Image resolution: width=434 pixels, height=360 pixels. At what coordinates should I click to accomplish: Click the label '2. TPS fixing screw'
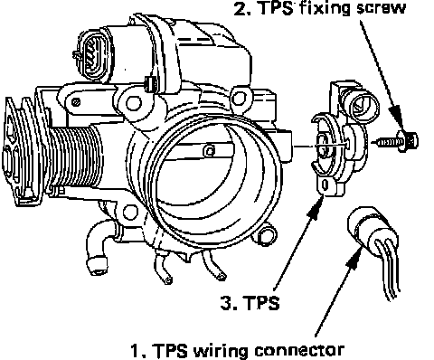[320, 8]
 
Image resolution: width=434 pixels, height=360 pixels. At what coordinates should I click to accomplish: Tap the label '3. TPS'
[250, 303]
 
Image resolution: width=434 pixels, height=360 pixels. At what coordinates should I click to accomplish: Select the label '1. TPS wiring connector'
[238, 350]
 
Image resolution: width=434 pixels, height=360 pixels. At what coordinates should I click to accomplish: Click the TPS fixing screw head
[408, 141]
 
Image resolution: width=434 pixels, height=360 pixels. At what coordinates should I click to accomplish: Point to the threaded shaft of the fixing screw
[386, 142]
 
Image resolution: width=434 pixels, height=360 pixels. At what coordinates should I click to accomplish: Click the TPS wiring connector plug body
[368, 229]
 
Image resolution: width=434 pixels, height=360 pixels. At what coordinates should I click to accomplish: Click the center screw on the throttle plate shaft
[210, 151]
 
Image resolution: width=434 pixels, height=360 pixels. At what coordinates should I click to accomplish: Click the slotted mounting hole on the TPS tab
[325, 185]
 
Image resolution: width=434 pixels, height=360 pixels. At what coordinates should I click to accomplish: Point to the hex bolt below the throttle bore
[266, 235]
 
